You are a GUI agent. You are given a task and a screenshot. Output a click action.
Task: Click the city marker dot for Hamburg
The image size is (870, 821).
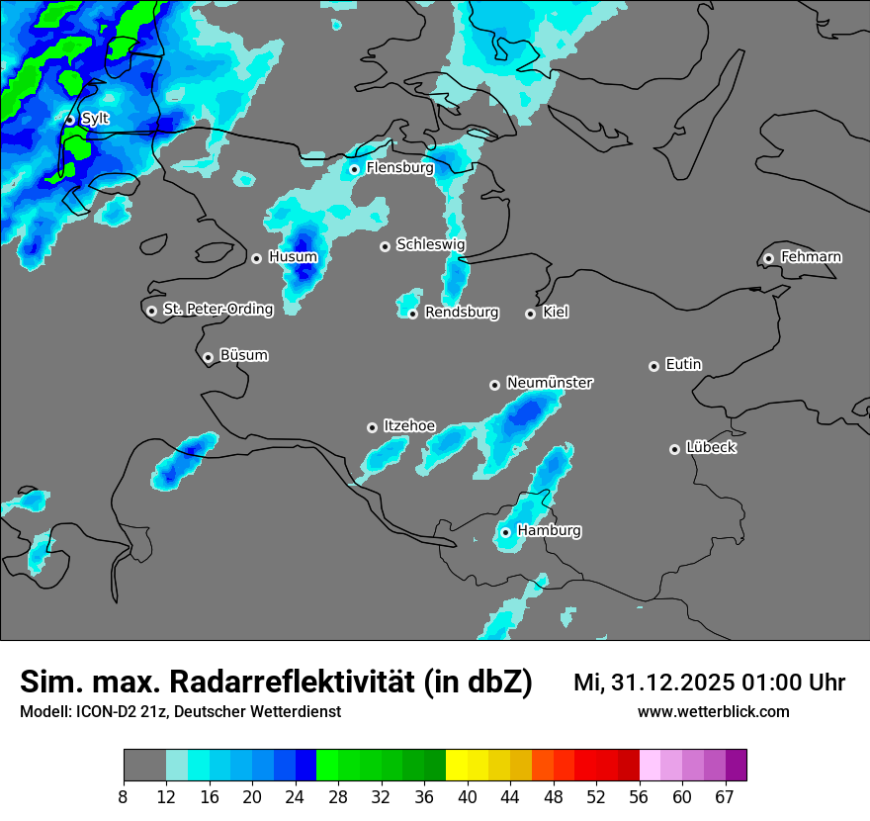(x=505, y=532)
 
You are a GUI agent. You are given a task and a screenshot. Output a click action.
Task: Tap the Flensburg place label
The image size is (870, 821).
(x=399, y=168)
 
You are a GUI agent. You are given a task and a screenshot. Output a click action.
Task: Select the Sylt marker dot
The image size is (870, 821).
(x=70, y=120)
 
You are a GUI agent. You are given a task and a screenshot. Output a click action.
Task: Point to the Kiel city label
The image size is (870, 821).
(x=556, y=313)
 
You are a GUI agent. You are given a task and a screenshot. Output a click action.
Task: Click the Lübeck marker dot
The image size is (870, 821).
(x=674, y=449)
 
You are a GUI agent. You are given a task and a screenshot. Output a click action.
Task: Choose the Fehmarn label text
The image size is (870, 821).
(x=811, y=257)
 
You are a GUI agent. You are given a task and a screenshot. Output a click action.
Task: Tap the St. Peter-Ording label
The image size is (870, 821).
(x=217, y=310)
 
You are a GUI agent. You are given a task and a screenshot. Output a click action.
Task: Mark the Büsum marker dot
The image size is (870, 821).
(x=208, y=358)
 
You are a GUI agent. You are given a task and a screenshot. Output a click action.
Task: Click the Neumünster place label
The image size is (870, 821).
(x=550, y=383)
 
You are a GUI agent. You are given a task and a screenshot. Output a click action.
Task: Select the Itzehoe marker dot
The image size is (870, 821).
(x=372, y=427)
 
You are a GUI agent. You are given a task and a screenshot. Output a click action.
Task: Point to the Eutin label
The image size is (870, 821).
(x=683, y=365)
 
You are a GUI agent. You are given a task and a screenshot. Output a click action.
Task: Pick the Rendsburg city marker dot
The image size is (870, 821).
(x=413, y=315)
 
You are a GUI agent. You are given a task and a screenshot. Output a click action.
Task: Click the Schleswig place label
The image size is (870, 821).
(x=430, y=244)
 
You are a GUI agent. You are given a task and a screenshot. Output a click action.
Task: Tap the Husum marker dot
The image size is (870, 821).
(x=256, y=258)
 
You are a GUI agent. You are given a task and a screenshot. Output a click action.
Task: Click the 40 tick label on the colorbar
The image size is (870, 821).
(x=468, y=796)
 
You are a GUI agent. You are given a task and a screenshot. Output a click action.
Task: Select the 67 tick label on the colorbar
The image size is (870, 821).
(x=725, y=796)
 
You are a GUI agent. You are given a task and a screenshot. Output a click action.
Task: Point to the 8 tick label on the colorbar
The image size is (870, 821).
(x=124, y=796)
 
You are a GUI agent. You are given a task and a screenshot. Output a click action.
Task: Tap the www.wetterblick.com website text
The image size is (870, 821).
(x=713, y=711)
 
